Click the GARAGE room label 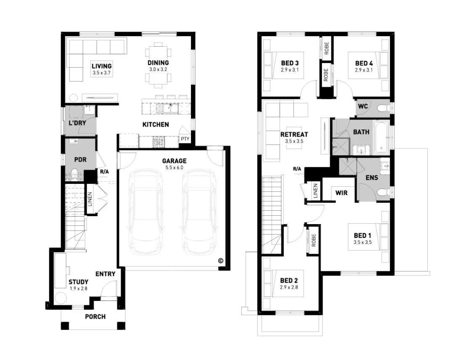(x=174, y=161)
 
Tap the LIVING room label (x=102, y=66)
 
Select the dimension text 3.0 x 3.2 (x=158, y=69)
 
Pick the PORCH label (x=95, y=316)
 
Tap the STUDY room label (x=79, y=282)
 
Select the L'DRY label (x=77, y=124)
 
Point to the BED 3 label (x=289, y=64)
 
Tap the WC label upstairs (x=363, y=106)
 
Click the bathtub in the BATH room (x=382, y=138)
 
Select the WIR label (x=341, y=193)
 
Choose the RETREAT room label (x=294, y=135)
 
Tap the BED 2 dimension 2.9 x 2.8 (x=289, y=288)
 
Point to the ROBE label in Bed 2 (x=314, y=240)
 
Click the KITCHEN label (x=156, y=124)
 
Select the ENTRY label (x=105, y=274)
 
